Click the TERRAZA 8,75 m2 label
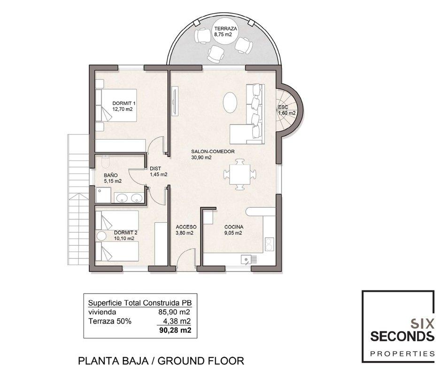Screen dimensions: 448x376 click(x=225, y=31)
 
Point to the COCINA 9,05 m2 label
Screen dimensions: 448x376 click(x=234, y=230)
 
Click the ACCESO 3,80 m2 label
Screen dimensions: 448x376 click(x=186, y=230)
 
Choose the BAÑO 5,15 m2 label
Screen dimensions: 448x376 click(x=113, y=178)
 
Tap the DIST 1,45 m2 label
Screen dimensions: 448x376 click(x=159, y=172)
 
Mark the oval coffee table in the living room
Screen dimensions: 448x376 click(x=230, y=102)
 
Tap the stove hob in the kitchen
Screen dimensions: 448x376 click(x=269, y=244)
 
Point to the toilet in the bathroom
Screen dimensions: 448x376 click(x=106, y=162)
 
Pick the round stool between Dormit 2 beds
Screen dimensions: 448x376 click(x=100, y=236)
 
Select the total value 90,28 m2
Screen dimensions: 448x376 click(x=175, y=330)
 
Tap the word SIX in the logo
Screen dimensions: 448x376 click(x=422, y=324)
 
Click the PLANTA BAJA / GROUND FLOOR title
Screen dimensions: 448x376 click(x=161, y=361)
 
